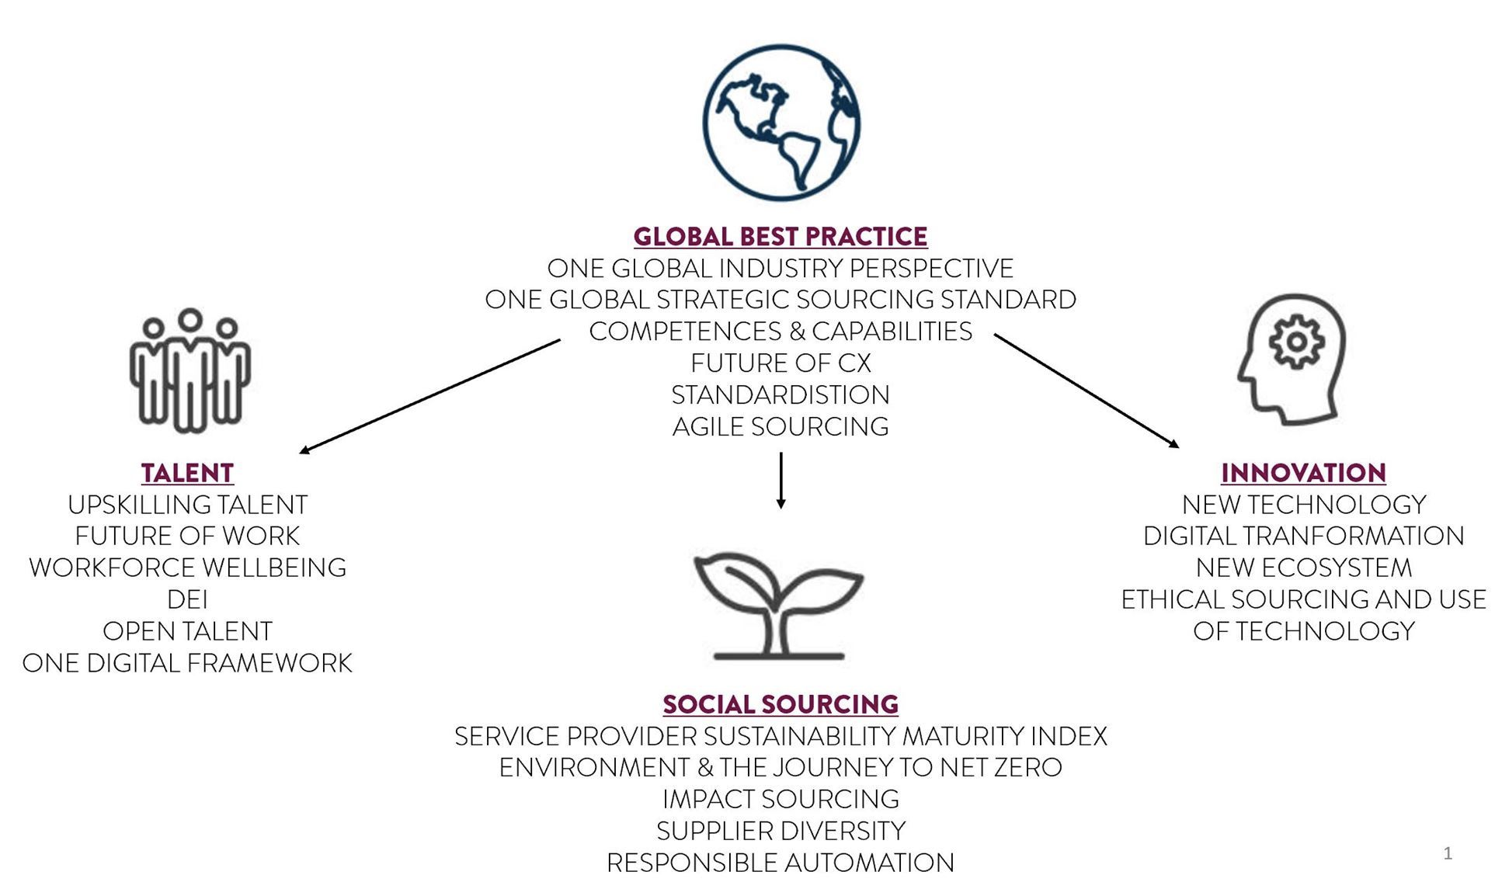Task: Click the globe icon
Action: click(x=781, y=123)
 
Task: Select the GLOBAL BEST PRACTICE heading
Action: click(x=780, y=236)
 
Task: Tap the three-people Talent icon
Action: click(x=189, y=370)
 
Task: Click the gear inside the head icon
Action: click(x=1295, y=342)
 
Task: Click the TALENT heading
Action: click(x=187, y=473)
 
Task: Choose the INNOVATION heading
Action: click(x=1303, y=473)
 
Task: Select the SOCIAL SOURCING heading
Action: click(x=780, y=704)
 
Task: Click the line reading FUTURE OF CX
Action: click(x=780, y=363)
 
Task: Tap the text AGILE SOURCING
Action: click(x=780, y=426)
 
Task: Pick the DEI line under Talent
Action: click(x=187, y=599)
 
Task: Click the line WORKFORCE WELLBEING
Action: click(x=187, y=568)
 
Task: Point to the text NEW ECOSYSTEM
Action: click(x=1303, y=568)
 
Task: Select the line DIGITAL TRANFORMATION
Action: click(x=1303, y=536)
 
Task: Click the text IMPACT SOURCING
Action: click(x=780, y=799)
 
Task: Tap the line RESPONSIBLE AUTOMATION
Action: click(x=780, y=863)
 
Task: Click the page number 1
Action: click(x=1447, y=853)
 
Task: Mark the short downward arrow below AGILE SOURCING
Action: click(x=781, y=481)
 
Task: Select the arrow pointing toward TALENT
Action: click(x=429, y=396)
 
